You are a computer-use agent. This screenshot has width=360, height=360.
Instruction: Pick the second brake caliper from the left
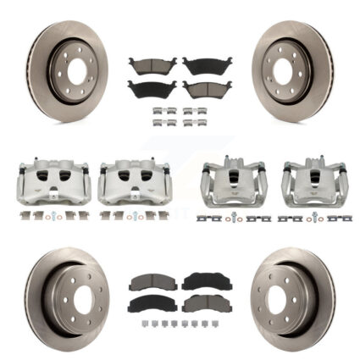(x=133, y=182)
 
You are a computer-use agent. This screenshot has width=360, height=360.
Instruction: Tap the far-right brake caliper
(x=313, y=182)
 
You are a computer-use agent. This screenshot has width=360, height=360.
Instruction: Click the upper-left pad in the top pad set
(x=152, y=66)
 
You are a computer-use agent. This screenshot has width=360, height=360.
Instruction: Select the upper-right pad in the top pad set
(x=207, y=65)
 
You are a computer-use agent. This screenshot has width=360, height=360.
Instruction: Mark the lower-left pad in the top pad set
(x=152, y=88)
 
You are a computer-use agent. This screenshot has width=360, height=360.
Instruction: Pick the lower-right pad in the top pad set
(x=207, y=88)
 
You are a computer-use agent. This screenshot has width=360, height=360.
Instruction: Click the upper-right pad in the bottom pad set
(x=206, y=281)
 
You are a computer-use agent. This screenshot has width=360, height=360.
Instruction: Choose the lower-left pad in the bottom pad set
(x=152, y=303)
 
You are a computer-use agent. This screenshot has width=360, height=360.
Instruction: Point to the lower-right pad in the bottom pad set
(x=206, y=302)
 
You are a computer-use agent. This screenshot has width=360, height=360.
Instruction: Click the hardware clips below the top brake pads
(x=179, y=116)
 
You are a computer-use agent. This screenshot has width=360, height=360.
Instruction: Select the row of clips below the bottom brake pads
(x=179, y=324)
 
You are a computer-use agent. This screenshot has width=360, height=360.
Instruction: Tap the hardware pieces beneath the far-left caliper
(x=50, y=215)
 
